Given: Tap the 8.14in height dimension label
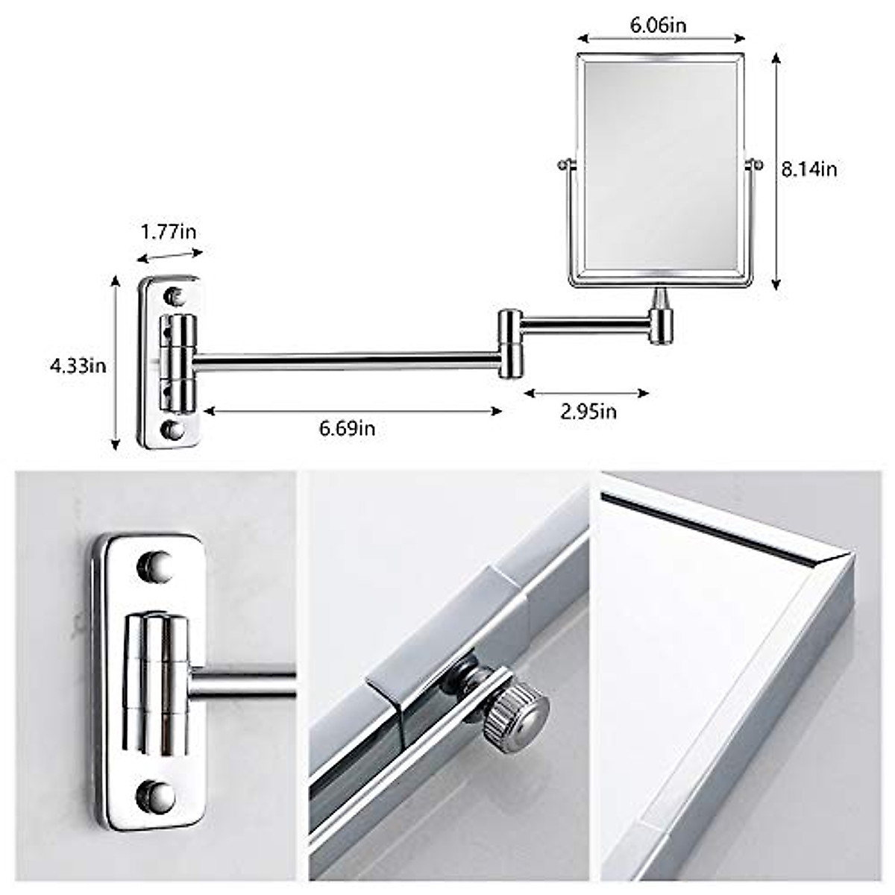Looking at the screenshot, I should [x=809, y=169].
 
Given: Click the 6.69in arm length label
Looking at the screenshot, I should [x=347, y=428].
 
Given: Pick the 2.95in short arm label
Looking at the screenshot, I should [x=588, y=411].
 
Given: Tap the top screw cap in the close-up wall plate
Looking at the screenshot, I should [x=154, y=566].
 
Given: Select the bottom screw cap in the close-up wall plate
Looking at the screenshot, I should [x=156, y=796].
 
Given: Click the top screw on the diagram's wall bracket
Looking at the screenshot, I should [x=174, y=295].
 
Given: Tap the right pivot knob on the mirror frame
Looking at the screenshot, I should [x=756, y=163].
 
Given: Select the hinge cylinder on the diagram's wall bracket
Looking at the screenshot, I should [x=179, y=363].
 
